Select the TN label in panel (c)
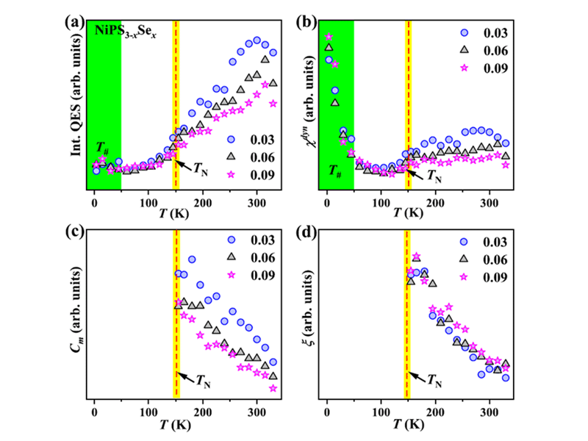point(206,379)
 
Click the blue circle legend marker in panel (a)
point(231,139)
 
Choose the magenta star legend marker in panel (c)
point(231,275)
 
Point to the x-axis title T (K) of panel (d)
point(409,426)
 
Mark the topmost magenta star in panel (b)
point(329,37)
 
